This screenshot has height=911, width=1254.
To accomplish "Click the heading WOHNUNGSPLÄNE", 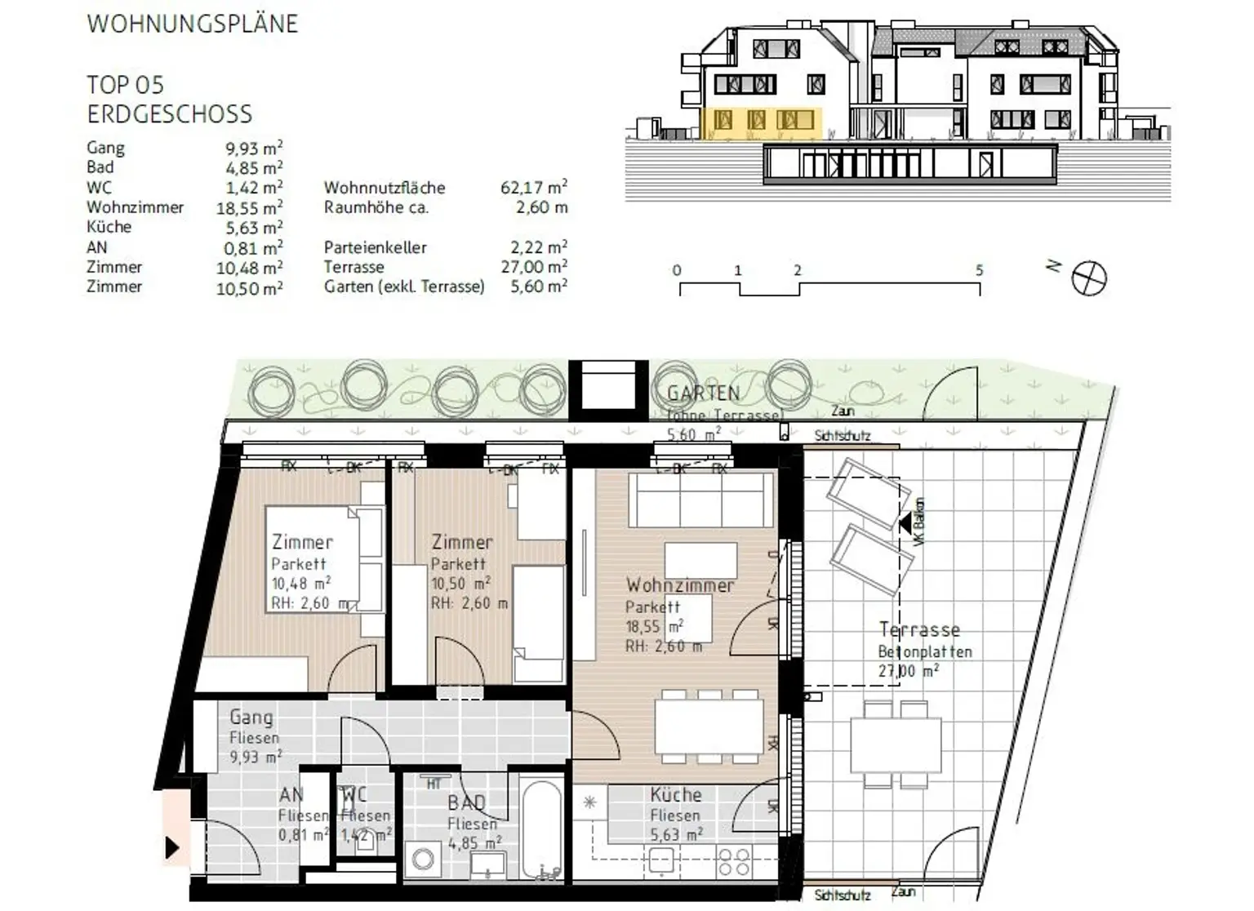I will pyautogui.click(x=193, y=24).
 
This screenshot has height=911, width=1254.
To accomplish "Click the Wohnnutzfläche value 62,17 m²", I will pyautogui.click(x=533, y=188).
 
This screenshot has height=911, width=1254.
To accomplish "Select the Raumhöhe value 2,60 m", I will pyautogui.click(x=541, y=207).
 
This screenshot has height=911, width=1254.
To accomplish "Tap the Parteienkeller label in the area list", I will pyautogui.click(x=375, y=247).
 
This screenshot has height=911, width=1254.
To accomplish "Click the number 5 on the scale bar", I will pyautogui.click(x=979, y=270).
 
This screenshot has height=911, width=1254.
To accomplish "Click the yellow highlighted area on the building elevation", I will pyautogui.click(x=759, y=122).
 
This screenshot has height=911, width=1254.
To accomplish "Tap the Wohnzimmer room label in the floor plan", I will pyautogui.click(x=679, y=585).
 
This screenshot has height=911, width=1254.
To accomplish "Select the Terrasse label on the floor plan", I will pyautogui.click(x=919, y=629).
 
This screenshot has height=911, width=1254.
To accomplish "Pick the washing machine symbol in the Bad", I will pyautogui.click(x=424, y=859).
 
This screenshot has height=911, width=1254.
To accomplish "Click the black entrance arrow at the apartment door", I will pyautogui.click(x=172, y=847).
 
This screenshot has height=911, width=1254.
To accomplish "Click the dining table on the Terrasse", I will pyautogui.click(x=896, y=744).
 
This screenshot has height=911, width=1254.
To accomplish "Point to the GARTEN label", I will pyautogui.click(x=703, y=393).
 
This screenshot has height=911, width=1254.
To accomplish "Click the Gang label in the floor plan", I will pyautogui.click(x=251, y=718).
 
